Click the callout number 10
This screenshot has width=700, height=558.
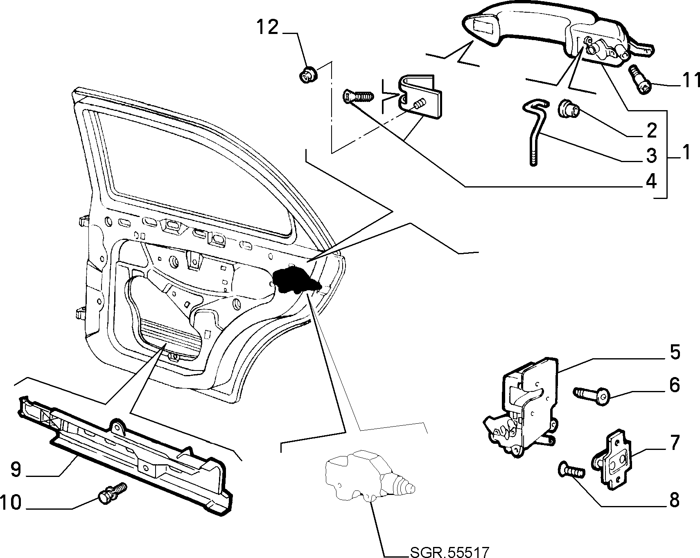(x=11, y=502)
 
